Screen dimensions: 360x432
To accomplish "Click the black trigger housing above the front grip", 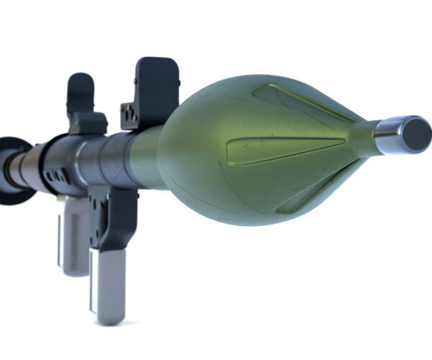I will pyautogui.click(x=119, y=216).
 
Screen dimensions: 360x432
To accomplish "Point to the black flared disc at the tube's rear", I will pyautogui.click(x=13, y=169).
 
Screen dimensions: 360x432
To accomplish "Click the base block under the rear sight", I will pyautogui.click(x=88, y=124).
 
